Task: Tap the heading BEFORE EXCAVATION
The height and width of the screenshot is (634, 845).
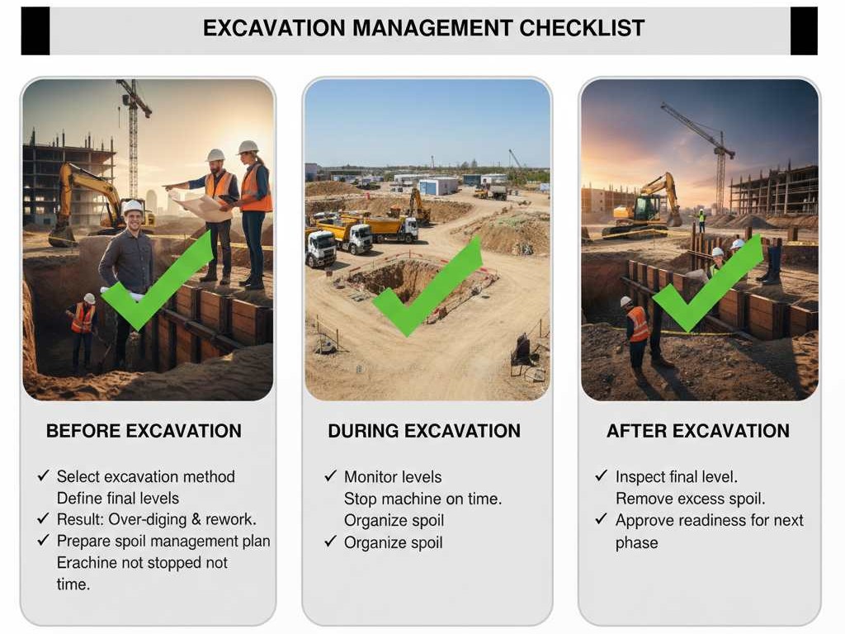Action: point(144,431)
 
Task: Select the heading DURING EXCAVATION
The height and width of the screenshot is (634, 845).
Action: point(424,431)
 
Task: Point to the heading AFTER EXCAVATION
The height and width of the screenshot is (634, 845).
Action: point(698,431)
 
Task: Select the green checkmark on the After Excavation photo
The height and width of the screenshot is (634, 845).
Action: point(707,283)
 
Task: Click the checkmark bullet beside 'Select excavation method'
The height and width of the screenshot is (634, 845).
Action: point(44,475)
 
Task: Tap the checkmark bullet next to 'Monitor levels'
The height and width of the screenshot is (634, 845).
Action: point(330,476)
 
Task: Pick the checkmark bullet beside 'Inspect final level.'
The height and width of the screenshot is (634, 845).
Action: point(602,475)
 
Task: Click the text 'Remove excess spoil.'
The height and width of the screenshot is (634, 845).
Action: point(691,499)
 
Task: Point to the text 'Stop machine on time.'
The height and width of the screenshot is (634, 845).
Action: point(422,499)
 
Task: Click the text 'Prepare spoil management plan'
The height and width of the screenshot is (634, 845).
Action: point(163,542)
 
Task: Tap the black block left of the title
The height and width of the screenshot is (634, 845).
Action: point(35,31)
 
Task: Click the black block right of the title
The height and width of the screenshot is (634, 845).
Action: point(804,31)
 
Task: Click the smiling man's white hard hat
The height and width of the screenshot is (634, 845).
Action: point(133,207)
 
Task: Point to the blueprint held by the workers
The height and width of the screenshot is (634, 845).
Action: point(200,205)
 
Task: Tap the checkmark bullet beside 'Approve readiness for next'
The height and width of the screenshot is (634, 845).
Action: point(602,519)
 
